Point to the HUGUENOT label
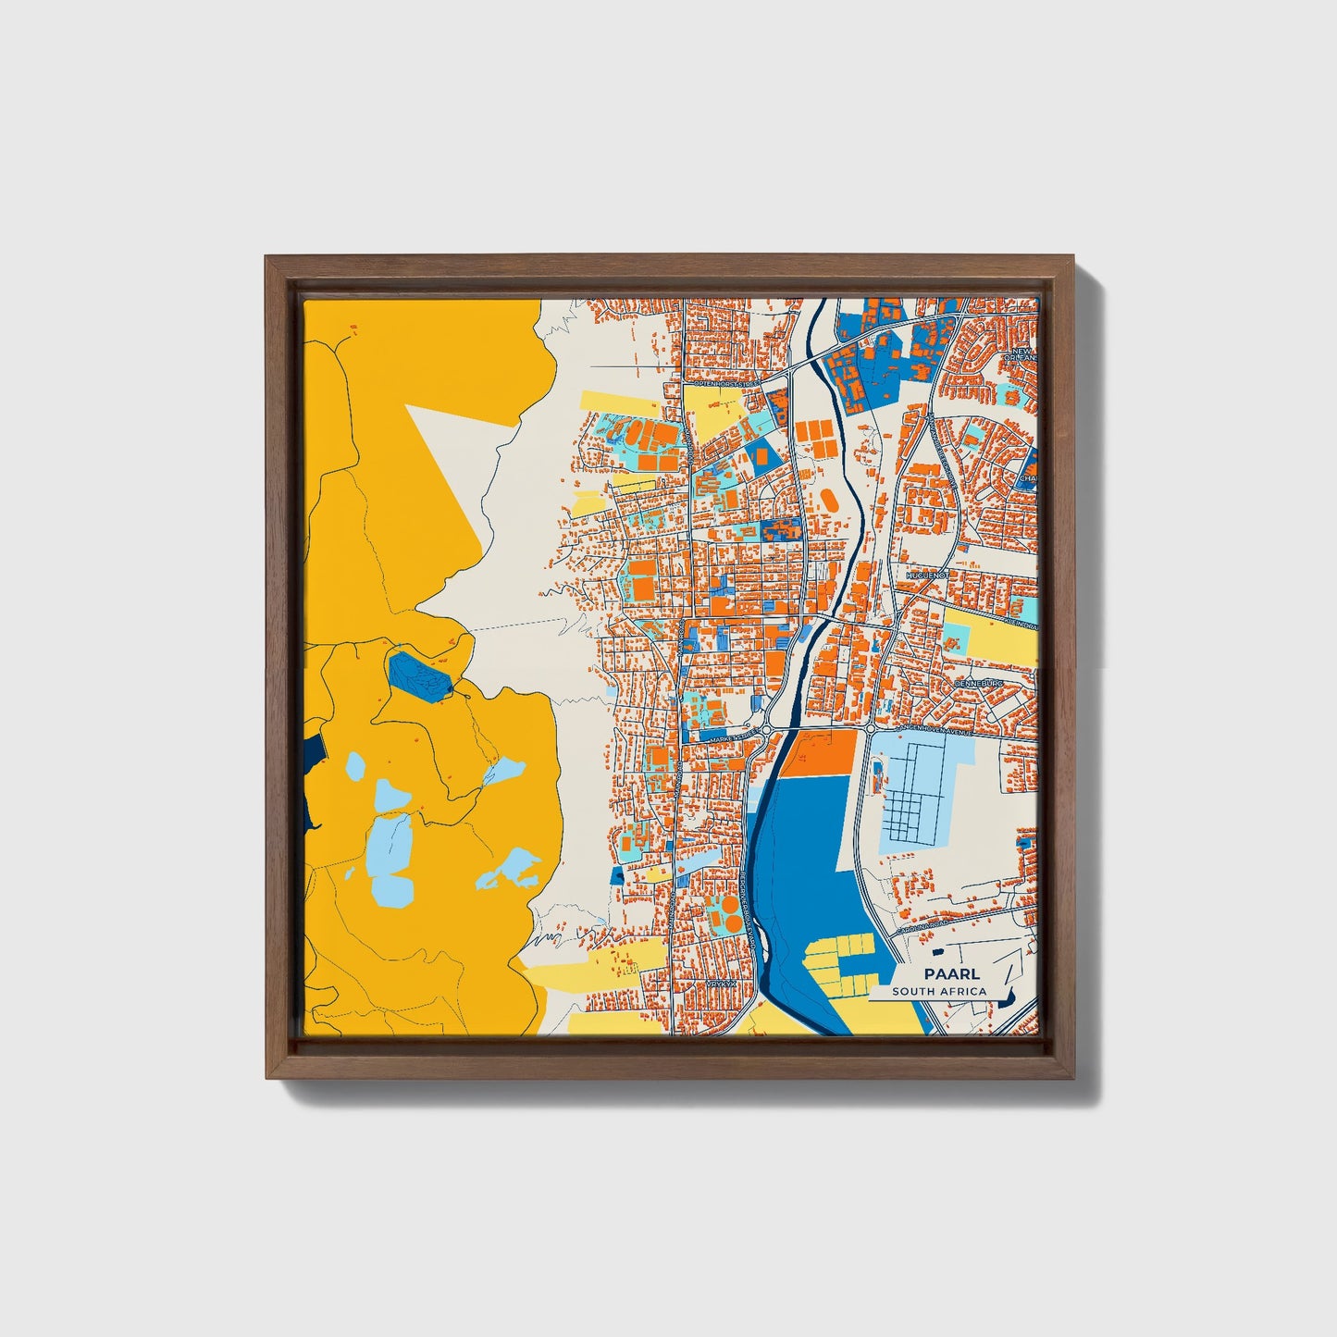coord(927,575)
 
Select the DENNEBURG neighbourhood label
coord(979,683)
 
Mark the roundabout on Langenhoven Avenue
coord(871,729)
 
